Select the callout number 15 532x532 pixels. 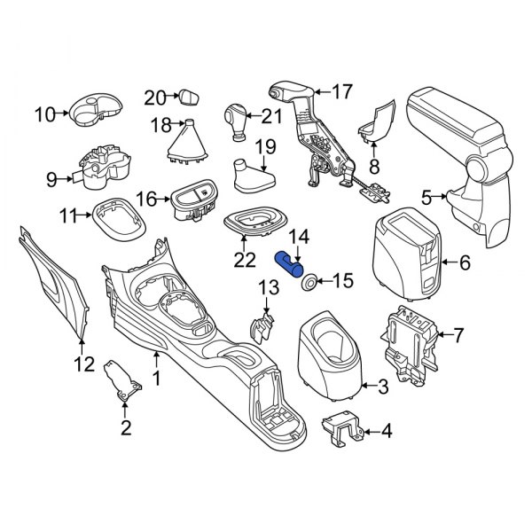tap(342, 281)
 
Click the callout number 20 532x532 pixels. tap(154, 97)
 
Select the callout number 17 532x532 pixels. tap(341, 90)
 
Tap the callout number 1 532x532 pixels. tap(157, 380)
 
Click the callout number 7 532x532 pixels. tap(458, 335)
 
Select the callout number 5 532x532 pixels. tap(426, 197)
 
